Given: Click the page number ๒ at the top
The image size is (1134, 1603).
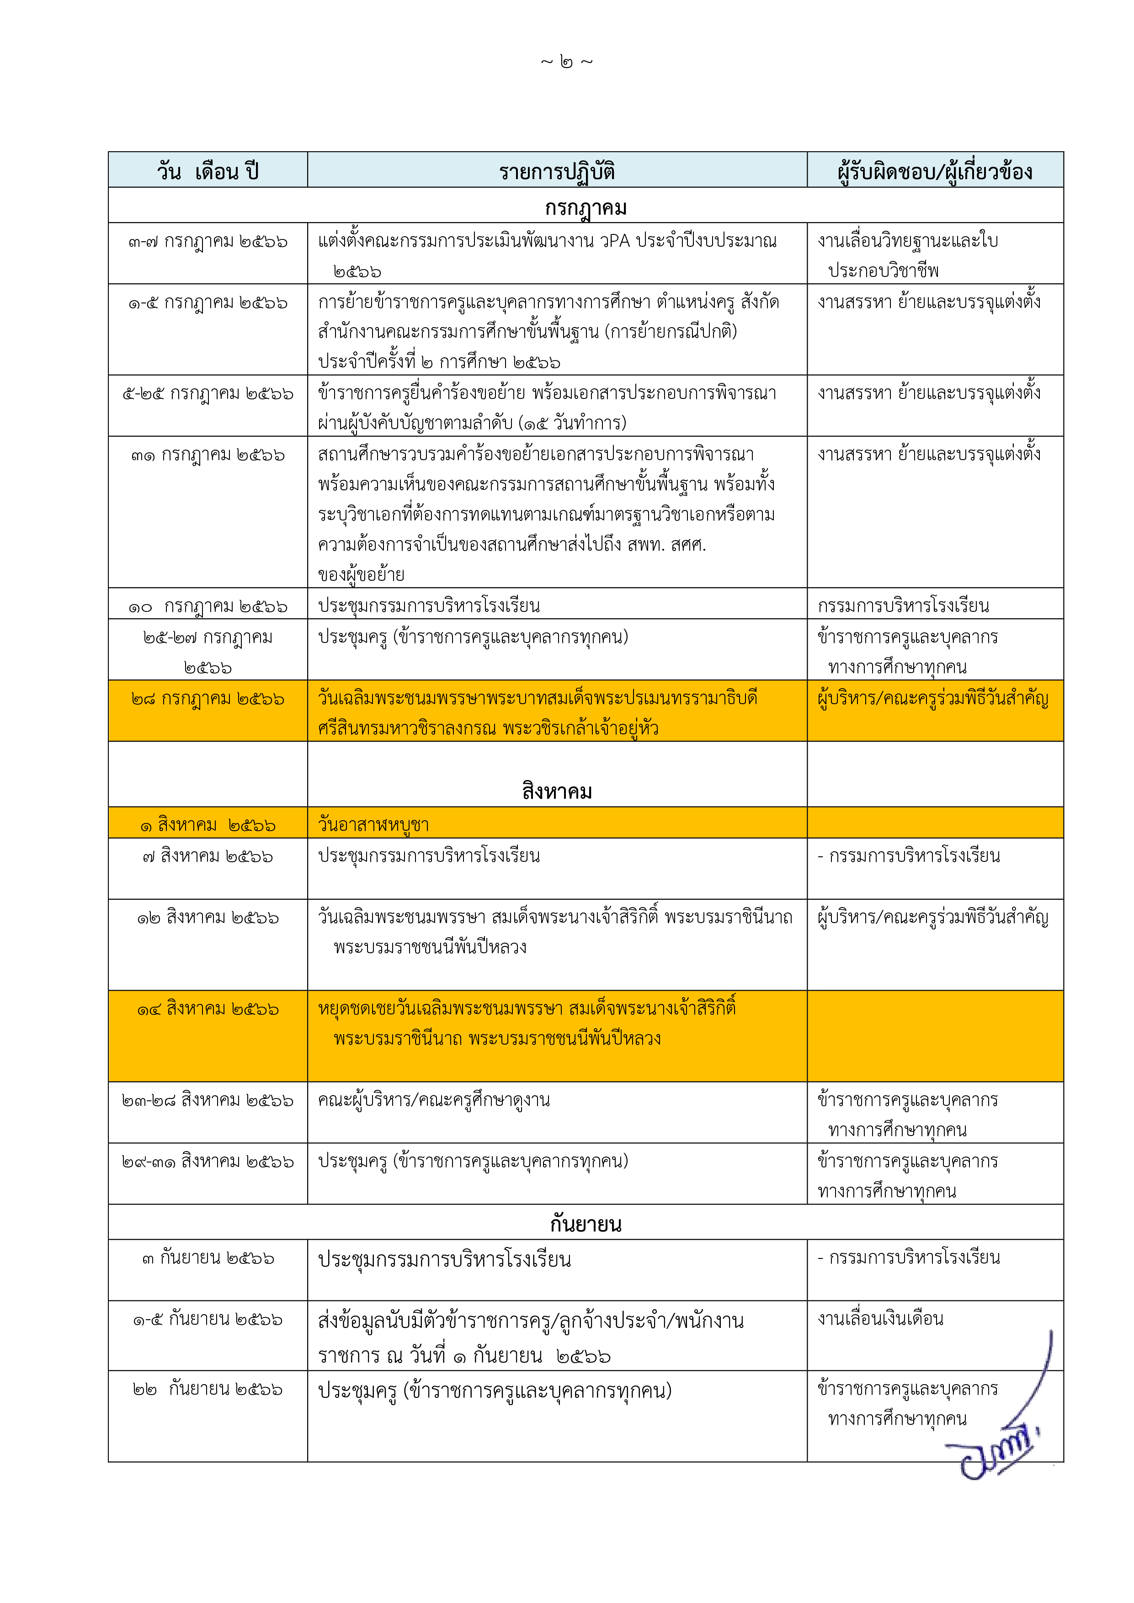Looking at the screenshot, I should [566, 63].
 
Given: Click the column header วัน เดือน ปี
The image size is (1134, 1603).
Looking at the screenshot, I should [208, 171].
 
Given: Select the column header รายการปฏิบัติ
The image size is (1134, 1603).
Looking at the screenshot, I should [557, 171].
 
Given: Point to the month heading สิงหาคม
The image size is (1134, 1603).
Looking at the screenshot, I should [557, 791].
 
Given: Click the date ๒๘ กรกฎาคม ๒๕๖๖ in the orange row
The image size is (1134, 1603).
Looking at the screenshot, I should [208, 699].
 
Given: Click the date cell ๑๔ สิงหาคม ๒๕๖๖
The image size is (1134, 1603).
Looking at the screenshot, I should [208, 1009].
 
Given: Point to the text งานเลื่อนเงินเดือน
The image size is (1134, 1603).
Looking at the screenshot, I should [880, 1318].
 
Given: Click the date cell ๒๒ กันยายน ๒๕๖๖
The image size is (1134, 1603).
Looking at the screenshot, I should [208, 1389].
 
